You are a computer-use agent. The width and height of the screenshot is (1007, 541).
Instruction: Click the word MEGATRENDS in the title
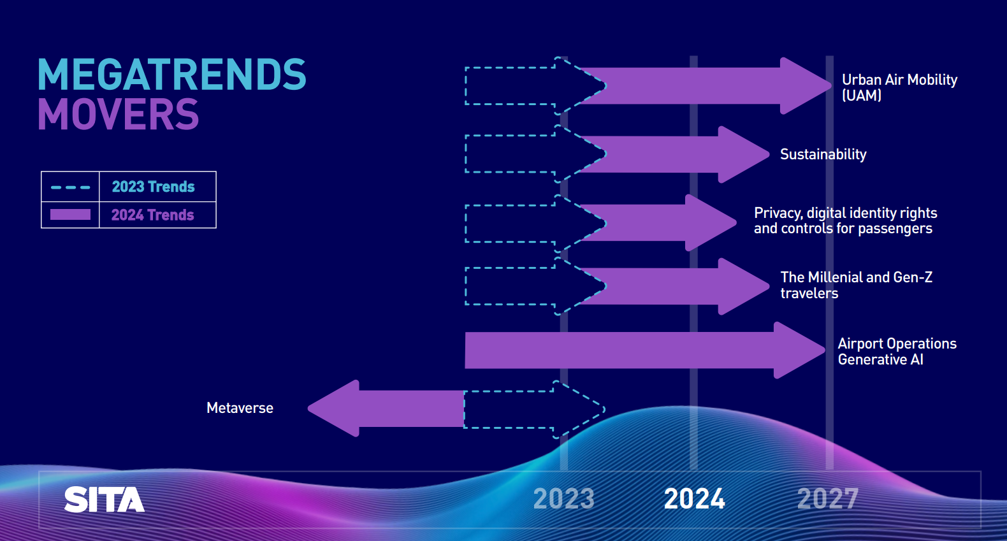point(171,74)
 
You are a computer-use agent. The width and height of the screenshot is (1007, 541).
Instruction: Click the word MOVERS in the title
point(119,115)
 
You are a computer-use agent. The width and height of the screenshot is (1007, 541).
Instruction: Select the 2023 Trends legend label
point(154,187)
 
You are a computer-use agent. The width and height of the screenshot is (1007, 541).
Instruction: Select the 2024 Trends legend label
point(153,215)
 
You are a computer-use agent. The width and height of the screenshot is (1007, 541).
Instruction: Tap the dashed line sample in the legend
point(71,187)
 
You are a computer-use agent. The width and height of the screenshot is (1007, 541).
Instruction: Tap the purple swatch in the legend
point(71,215)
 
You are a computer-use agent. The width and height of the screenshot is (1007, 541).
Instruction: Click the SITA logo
point(105,500)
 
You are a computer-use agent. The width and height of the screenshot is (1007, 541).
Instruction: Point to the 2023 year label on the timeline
point(564,499)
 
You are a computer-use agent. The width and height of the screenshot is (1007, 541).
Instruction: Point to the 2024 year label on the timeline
point(695,499)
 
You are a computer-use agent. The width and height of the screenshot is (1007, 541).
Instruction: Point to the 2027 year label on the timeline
point(828,499)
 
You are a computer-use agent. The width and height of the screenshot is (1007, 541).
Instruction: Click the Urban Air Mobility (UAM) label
point(899,88)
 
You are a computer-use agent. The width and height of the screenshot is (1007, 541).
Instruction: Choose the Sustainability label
point(823,155)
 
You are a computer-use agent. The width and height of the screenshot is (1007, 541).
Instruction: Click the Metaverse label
point(240,408)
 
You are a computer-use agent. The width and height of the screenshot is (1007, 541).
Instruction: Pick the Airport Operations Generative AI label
point(897,351)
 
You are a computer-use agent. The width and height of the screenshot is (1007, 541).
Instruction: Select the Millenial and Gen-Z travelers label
point(857,285)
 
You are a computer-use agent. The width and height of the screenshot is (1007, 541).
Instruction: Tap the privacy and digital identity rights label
point(845,220)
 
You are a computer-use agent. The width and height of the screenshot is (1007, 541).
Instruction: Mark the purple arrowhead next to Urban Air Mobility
point(806,86)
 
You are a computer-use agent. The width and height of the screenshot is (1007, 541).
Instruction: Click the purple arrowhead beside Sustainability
point(744,154)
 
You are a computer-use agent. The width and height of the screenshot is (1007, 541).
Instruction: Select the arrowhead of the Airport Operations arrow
point(799,350)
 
